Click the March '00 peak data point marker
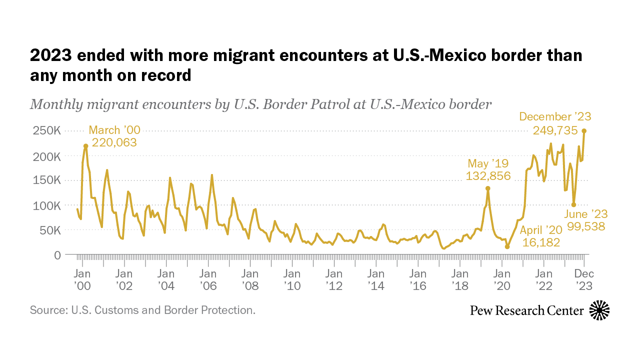pos(86,146)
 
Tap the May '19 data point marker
pos(488,188)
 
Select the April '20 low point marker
pos(507,246)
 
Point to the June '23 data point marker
pos(573,204)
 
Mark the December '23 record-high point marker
pos(584,131)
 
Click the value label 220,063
pos(114,142)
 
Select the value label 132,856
pos(488,175)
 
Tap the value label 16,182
pos(541,242)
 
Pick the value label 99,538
pos(586,226)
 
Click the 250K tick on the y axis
pos(46,131)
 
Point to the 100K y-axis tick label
pos(46,205)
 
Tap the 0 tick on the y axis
pos(56,255)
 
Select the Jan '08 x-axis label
pos(249,279)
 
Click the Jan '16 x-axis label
pos(417,279)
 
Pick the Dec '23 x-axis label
pos(584,279)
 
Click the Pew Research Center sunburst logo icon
pos(599,310)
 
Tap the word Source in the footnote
pos(47,310)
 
